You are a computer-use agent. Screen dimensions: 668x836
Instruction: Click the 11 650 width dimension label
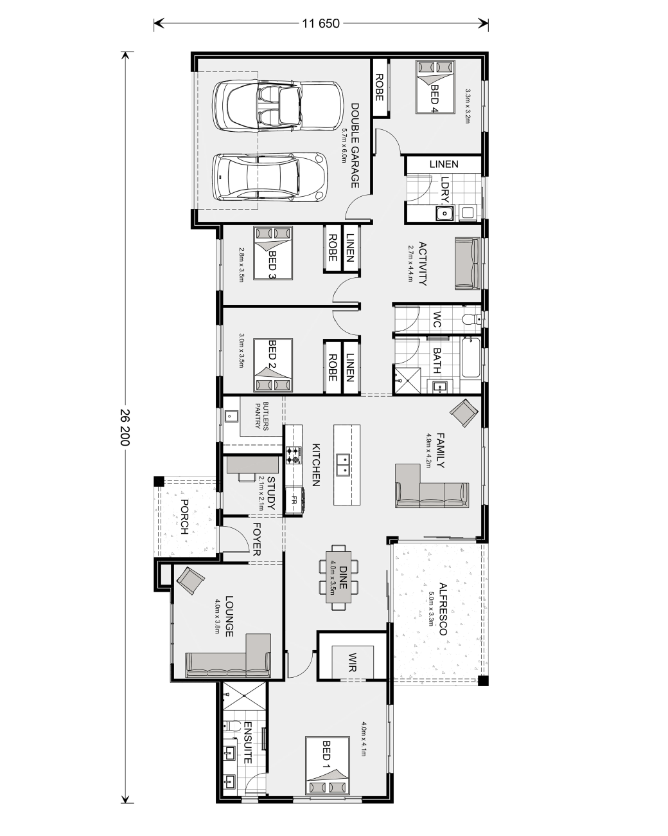coord(321,24)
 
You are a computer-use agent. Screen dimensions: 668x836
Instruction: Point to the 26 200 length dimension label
coord(125,427)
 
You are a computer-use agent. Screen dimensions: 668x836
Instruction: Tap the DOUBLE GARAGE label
coord(355,145)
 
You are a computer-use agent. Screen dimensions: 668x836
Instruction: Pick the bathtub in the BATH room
coord(470,358)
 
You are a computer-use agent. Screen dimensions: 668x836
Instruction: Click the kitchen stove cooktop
coord(294,455)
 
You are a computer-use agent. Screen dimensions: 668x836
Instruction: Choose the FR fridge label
coord(294,500)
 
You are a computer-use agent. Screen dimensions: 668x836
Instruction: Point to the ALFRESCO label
coord(443,609)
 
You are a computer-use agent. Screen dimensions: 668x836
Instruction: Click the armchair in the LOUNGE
coord(190,581)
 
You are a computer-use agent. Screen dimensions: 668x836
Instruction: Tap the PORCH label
coord(185,516)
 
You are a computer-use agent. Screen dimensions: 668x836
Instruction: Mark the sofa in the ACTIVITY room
coord(468,264)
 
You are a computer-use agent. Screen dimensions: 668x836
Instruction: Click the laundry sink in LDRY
coord(444,212)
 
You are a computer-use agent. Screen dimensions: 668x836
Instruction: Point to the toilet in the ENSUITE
coord(232,726)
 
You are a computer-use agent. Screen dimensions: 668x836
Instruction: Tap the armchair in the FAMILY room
coord(464,413)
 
